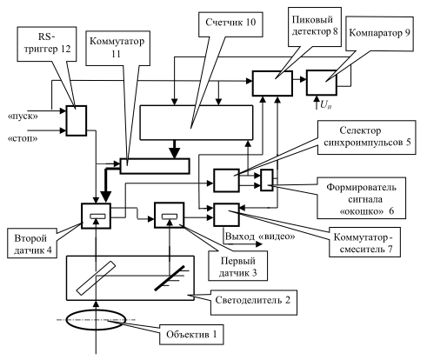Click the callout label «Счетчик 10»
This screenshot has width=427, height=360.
point(230,23)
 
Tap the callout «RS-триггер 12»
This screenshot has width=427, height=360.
point(47,43)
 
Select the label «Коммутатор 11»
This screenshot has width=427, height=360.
point(117,48)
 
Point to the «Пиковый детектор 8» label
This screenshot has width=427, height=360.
point(315,25)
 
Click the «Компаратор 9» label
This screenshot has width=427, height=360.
point(379,33)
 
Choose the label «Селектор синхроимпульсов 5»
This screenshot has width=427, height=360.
point(367,137)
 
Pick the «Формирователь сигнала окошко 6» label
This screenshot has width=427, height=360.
point(361,199)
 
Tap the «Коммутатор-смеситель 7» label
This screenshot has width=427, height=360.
point(364,243)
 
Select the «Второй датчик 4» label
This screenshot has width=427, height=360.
point(32,244)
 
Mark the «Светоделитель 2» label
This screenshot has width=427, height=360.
point(252,300)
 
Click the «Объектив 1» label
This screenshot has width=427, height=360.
point(191,334)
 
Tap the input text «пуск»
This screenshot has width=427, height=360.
point(23,117)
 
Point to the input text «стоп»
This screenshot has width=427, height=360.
point(23,138)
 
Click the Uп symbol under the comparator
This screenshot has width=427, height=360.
point(326,105)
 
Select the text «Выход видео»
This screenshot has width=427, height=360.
point(260,237)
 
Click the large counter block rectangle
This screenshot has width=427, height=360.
point(197,123)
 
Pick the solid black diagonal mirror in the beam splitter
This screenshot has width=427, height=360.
point(170,278)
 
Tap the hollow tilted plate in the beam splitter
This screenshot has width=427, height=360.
point(96,278)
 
